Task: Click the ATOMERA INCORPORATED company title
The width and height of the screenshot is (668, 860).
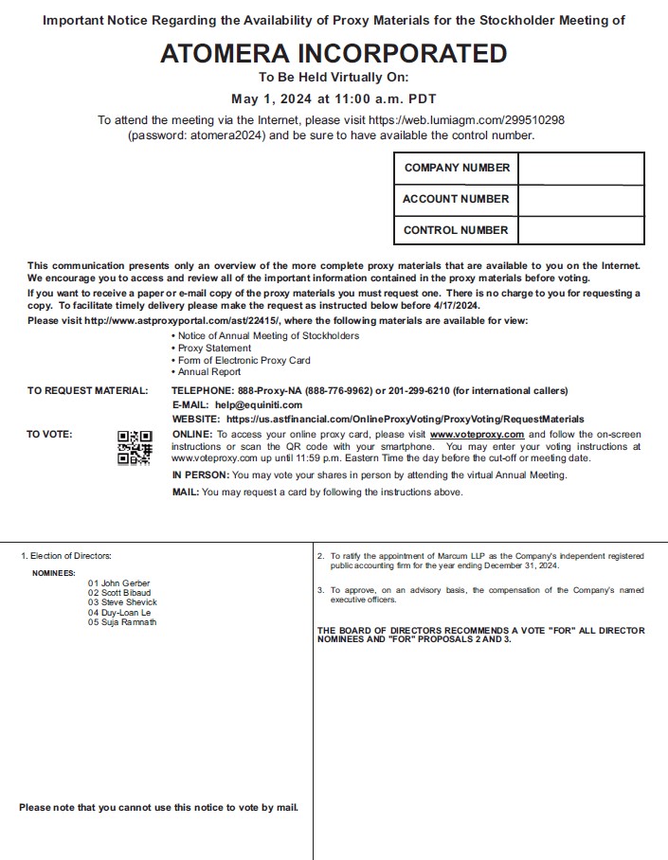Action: click(x=334, y=54)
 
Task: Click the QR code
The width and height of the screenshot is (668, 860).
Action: click(x=135, y=448)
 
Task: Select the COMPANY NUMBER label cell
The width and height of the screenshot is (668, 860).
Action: click(x=457, y=168)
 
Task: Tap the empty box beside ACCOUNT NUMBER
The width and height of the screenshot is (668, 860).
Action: click(x=581, y=199)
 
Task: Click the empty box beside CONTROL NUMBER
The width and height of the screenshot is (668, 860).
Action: click(x=581, y=229)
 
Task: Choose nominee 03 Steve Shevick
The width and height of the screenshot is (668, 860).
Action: click(x=123, y=602)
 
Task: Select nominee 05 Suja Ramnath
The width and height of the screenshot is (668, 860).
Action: click(x=123, y=622)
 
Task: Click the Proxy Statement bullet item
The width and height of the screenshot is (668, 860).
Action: click(x=215, y=349)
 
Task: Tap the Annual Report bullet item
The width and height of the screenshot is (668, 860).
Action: click(x=209, y=372)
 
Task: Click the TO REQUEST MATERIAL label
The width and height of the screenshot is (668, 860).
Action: click(x=87, y=390)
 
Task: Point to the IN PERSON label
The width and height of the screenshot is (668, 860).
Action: click(x=200, y=475)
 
